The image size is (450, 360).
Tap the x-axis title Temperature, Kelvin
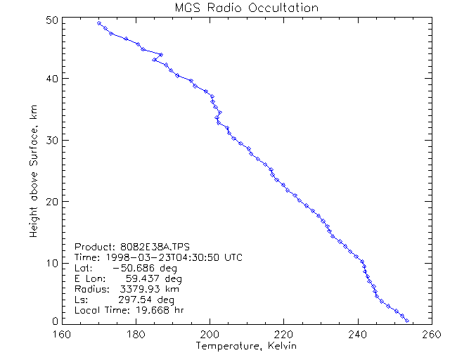244,347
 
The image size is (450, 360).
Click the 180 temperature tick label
135,334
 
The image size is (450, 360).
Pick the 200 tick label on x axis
210,334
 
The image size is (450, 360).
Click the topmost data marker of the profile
99,23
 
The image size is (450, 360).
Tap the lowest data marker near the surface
407,321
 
